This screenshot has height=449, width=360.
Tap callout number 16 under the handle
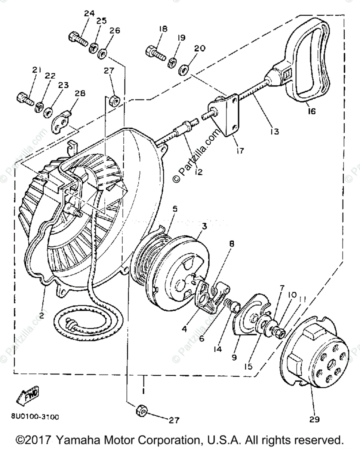pos(311,111)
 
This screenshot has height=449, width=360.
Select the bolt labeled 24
pos(78,38)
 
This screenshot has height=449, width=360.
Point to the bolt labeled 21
pos(25,99)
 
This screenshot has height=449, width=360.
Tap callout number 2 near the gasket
pos(41,315)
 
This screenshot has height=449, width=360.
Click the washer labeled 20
pos(184,69)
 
